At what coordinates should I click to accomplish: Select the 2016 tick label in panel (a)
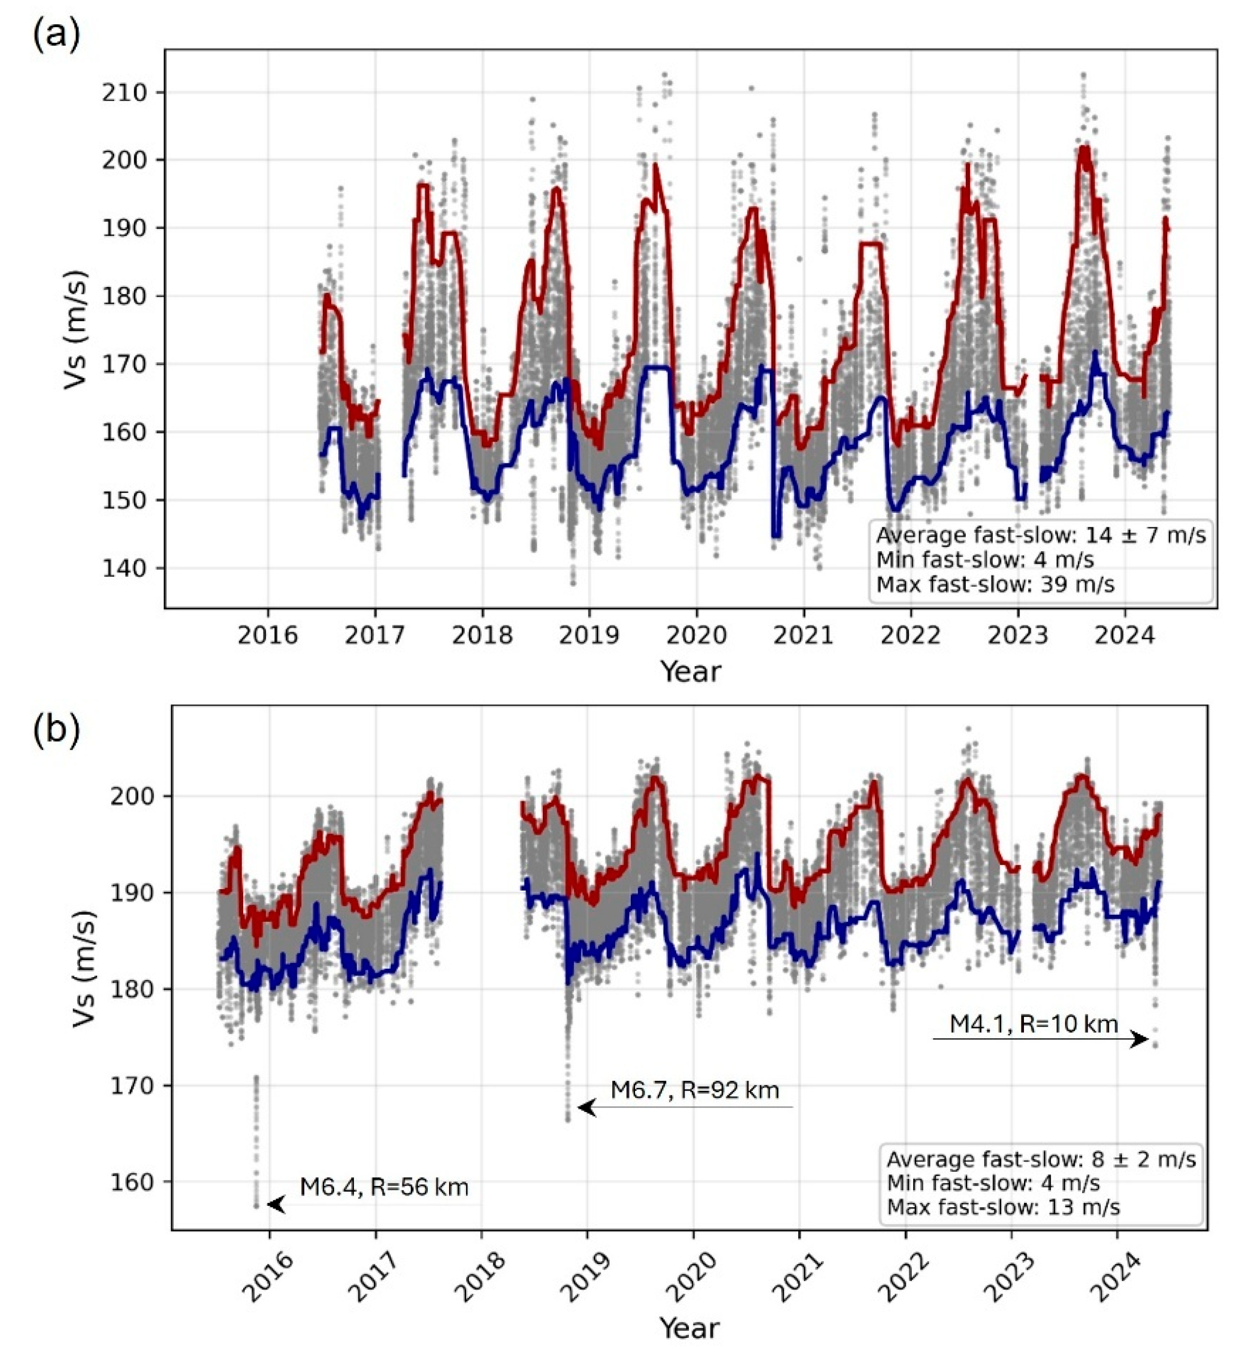pos(268,636)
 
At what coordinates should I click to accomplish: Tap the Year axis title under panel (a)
pos(691,672)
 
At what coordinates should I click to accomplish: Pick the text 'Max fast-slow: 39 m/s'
pos(995,584)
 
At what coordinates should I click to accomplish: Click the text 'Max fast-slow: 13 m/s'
pos(1004,1206)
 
